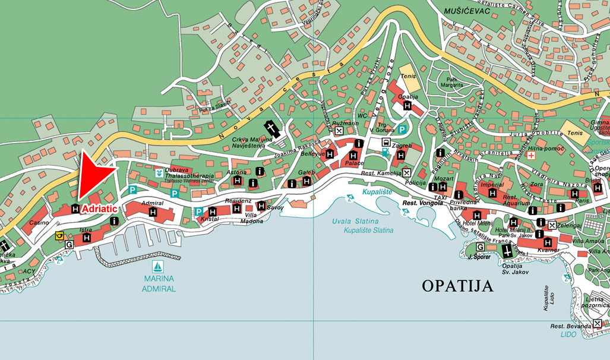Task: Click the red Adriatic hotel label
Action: pyautogui.click(x=100, y=209)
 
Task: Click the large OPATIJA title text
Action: pyautogui.click(x=457, y=286)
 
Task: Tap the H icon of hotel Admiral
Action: pyautogui.click(x=153, y=212)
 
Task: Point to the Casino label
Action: pyautogui.click(x=39, y=222)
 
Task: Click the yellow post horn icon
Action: pyautogui.click(x=59, y=236)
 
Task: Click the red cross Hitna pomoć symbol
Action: pyautogui.click(x=531, y=155)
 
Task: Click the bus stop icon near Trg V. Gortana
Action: pyautogui.click(x=386, y=143)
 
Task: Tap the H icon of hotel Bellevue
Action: pyautogui.click(x=330, y=154)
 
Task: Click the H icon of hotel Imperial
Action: pyautogui.click(x=492, y=193)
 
